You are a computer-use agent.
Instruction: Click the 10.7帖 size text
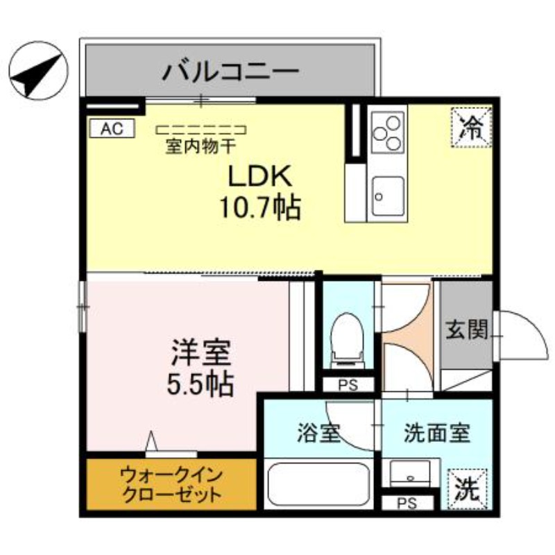click(260, 206)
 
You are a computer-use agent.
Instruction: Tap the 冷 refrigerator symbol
click(472, 126)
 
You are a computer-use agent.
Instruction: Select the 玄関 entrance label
click(466, 330)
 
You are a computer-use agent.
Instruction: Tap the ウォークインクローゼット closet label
click(171, 485)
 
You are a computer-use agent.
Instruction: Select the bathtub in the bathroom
click(318, 485)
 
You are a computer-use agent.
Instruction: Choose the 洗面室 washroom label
click(437, 434)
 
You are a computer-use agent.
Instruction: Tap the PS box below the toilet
click(348, 386)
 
